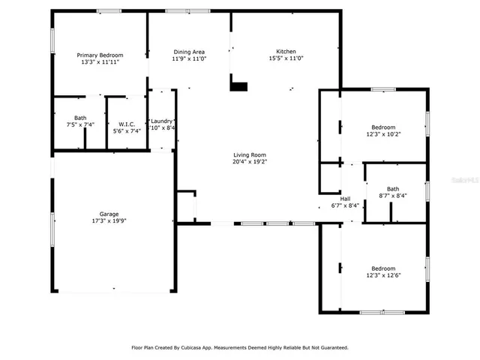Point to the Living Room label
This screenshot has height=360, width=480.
[x=249, y=154]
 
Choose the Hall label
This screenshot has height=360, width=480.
[x=345, y=199]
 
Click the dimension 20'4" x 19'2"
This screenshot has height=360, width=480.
[x=249, y=161]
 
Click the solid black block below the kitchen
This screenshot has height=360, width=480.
[x=238, y=86]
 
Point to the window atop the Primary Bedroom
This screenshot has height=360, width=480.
[x=109, y=10]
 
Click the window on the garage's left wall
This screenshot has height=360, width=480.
[x=52, y=228]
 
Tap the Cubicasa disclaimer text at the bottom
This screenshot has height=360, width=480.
[x=239, y=347]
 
